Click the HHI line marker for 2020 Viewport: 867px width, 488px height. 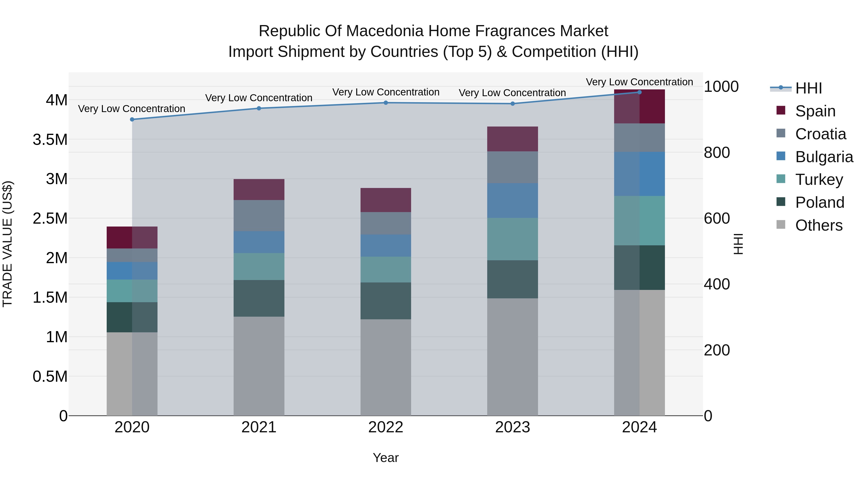point(132,120)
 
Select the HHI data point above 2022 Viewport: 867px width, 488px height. point(386,103)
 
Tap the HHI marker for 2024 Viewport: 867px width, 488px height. point(639,92)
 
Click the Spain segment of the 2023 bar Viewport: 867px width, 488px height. point(512,139)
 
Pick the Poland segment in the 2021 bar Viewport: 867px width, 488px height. point(259,298)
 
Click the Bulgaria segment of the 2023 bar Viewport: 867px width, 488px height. point(512,201)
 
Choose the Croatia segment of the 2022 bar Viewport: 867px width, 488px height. point(386,223)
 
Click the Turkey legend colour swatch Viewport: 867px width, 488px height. point(781,179)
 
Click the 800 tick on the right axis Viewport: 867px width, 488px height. point(717,153)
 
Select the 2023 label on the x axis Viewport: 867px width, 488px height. point(512,427)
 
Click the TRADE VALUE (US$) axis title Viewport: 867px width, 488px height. point(7,244)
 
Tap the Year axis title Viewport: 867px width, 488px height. point(386,458)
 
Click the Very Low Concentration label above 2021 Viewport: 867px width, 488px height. point(259,98)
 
